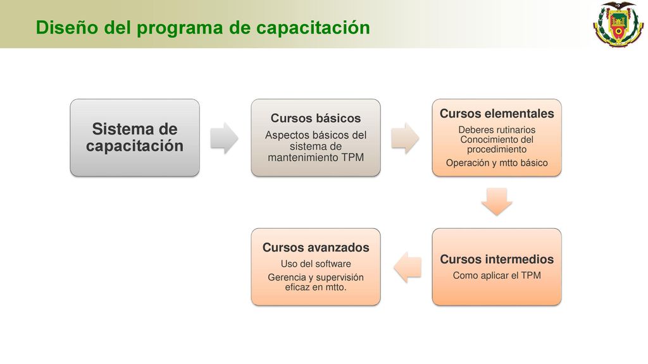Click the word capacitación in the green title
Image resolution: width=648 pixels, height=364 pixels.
tap(313, 28)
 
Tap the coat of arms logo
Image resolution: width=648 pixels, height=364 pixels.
tap(618, 24)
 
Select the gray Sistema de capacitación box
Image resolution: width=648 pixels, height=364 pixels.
tap(135, 137)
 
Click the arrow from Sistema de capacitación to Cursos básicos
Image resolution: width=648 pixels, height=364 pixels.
tap(225, 138)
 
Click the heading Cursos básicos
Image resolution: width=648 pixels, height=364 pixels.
tap(316, 118)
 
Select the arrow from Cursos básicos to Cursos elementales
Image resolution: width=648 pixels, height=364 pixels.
tap(406, 138)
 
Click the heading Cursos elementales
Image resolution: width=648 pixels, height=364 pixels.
tap(497, 114)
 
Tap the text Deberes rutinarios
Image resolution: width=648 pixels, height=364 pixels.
tap(497, 130)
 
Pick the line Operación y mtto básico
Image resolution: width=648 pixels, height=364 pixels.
tap(497, 162)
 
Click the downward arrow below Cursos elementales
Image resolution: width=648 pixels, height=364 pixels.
tap(497, 202)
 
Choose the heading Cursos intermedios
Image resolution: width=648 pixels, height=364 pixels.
tap(497, 259)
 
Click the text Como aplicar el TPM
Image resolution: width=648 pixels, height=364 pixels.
tap(497, 276)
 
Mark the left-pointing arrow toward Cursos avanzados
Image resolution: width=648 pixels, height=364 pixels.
tap(408, 267)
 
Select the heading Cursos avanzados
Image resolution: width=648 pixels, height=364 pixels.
tap(316, 247)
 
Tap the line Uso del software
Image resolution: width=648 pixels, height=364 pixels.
tap(316, 264)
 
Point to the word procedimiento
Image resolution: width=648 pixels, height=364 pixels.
tap(497, 149)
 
